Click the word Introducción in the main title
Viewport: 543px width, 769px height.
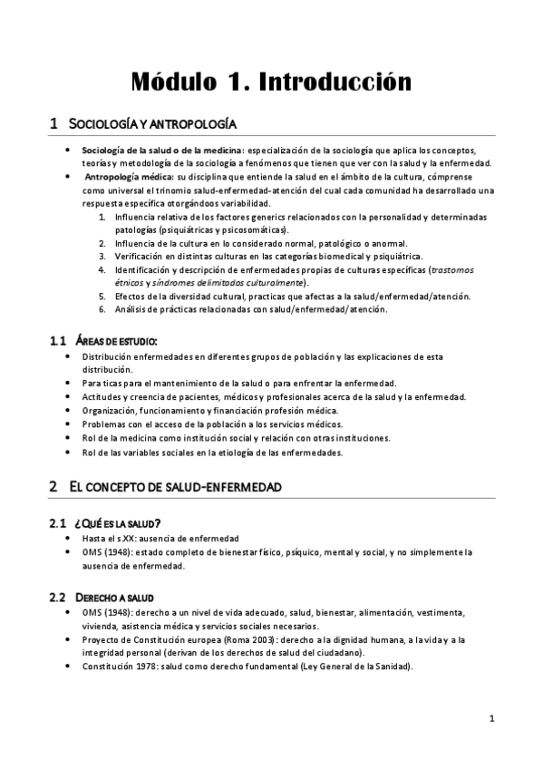tap(335, 82)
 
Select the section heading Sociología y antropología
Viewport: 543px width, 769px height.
tap(153, 123)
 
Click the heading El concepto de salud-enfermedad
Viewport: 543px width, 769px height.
tap(176, 487)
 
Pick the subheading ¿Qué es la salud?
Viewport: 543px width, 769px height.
tap(121, 523)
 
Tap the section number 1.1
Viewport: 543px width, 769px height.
tap(58, 341)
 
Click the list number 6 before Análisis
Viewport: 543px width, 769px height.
tap(102, 309)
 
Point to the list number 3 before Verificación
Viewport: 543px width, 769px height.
tap(102, 257)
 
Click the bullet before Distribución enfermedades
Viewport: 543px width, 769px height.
tap(71, 356)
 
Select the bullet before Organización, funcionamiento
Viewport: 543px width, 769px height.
tap(71, 410)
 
